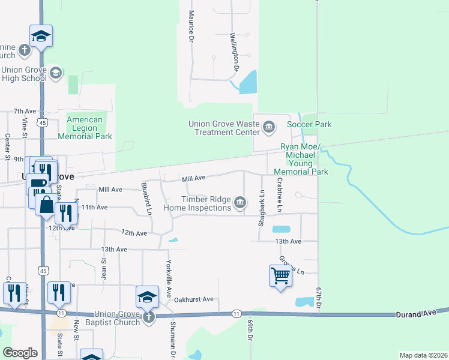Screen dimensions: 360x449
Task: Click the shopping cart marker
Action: pos(280,277)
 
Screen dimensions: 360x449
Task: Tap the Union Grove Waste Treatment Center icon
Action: pos(269,126)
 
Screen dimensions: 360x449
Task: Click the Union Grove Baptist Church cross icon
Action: pos(148,316)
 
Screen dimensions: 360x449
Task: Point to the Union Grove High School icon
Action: pos(56,73)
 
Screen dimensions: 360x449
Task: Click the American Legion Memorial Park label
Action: pos(89,128)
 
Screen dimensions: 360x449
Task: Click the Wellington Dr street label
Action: pos(235,52)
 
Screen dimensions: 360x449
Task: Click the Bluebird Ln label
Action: pos(146,199)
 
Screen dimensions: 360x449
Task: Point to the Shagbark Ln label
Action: pos(262,208)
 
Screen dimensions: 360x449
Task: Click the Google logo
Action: pos(20,353)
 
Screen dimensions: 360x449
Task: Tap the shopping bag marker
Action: pos(47,205)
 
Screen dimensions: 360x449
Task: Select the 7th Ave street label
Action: pos(26,111)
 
